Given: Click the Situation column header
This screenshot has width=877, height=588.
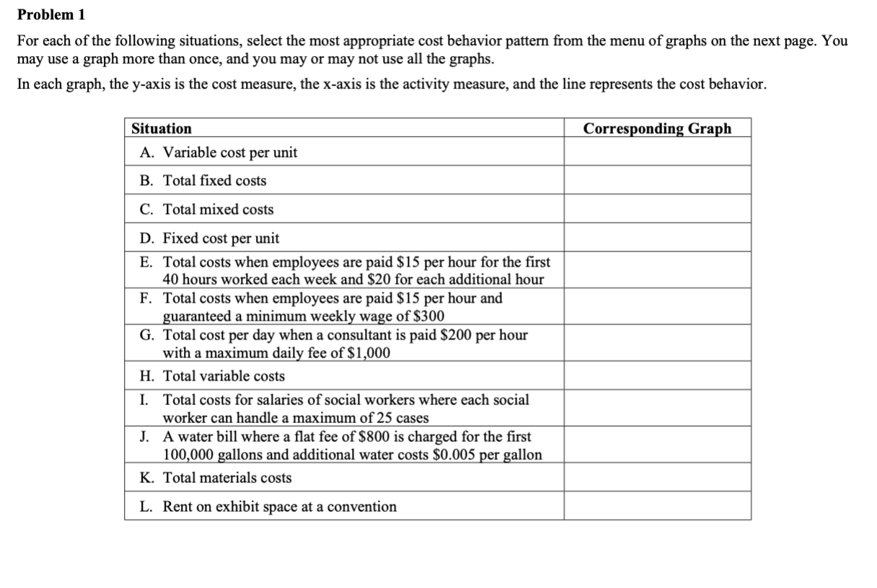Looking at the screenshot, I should point(162,128).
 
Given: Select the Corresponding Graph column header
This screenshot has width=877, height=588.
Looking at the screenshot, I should point(657,128).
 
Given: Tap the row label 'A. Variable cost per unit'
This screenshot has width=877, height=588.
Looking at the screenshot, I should point(219,152).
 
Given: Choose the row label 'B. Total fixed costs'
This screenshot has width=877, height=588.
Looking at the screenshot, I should point(203,181).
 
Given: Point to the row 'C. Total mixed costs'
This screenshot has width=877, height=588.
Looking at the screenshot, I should point(207,210).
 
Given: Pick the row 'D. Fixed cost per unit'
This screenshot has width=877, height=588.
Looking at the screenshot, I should point(210,238).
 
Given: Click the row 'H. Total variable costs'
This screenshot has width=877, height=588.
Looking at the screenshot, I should point(213,376).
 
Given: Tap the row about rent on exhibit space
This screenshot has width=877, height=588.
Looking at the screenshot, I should point(268,507).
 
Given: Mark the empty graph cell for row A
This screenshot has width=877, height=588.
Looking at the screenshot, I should point(657,152).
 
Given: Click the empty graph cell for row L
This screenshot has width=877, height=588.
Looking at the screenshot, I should point(657,506).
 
